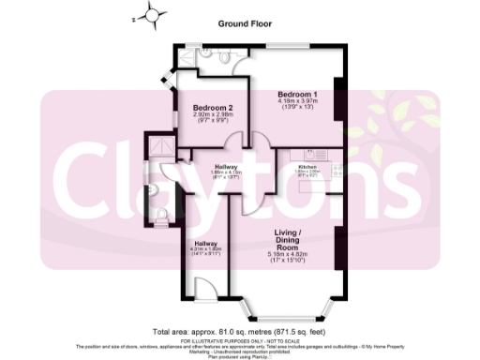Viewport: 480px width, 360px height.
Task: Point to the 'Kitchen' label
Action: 308,165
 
